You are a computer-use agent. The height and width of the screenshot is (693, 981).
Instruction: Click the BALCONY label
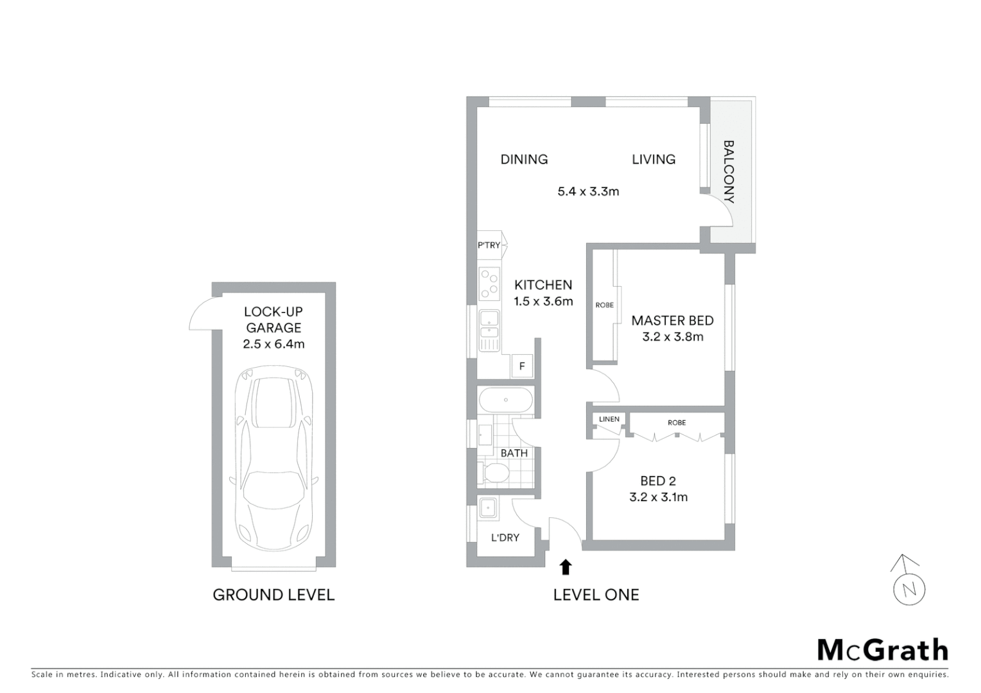pos(729,171)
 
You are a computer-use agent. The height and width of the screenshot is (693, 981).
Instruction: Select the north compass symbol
pos(908,581)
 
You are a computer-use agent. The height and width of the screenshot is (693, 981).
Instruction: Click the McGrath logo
pos(882,650)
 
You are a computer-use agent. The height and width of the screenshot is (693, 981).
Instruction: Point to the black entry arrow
pos(566,567)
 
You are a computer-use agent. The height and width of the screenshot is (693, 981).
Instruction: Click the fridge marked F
pos(522,366)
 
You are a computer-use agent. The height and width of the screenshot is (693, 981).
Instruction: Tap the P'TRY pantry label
pos(489,245)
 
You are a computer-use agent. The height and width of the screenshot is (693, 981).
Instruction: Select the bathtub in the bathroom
pos(506,400)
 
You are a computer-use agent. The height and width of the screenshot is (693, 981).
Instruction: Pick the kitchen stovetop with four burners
pos(489,284)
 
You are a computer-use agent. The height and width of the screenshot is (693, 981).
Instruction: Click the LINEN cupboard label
pos(609,419)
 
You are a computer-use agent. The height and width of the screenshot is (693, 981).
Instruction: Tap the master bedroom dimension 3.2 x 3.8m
pos(672,337)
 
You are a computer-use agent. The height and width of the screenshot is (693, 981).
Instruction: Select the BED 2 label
pos(658,481)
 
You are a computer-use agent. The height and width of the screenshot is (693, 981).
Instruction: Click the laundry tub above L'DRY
pos(489,508)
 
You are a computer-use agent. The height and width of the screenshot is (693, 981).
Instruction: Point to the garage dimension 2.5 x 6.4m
pos(273,344)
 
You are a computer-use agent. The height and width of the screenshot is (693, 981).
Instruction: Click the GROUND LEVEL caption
pos(273,595)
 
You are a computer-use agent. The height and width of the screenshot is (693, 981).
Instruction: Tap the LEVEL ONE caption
pos(596,595)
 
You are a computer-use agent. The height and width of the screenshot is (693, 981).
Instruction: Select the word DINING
pos(524,159)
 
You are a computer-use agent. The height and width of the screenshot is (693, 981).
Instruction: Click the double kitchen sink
pos(489,330)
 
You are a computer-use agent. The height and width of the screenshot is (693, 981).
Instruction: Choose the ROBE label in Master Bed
pos(604,305)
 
